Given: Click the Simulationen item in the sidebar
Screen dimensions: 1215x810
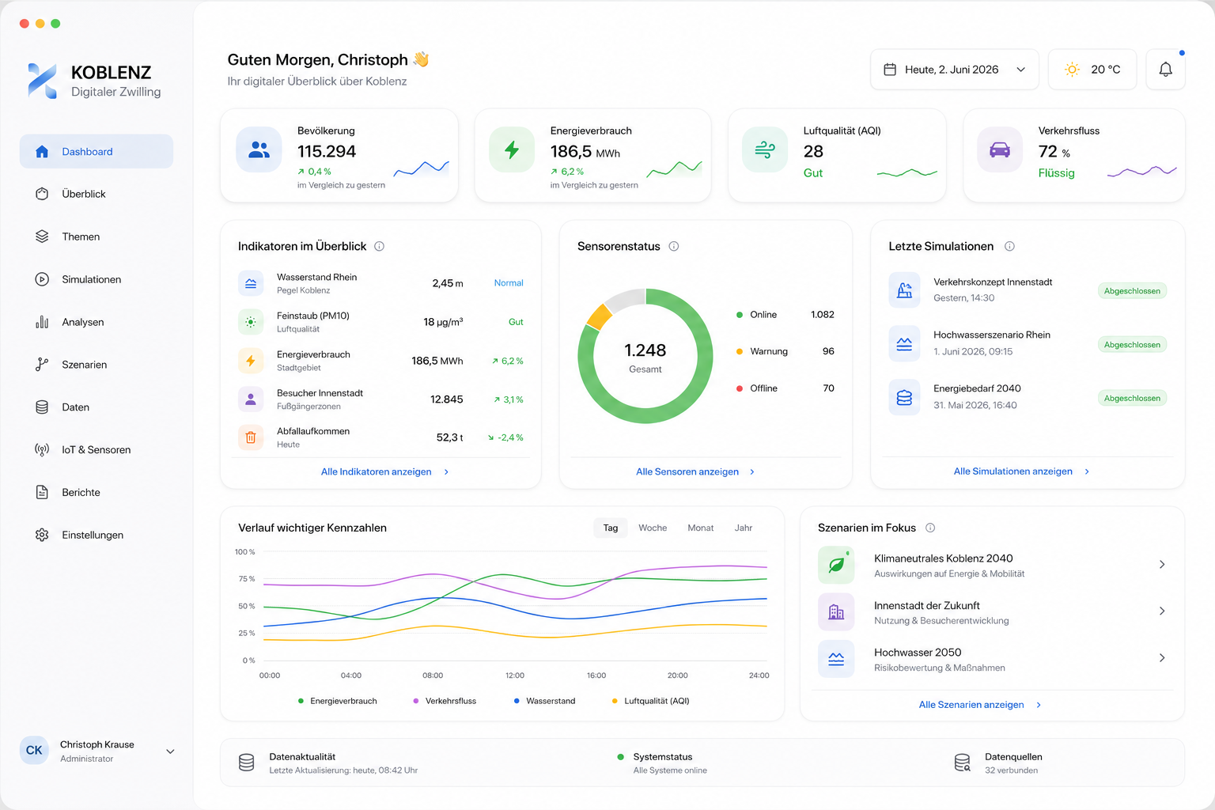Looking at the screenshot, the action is point(91,279).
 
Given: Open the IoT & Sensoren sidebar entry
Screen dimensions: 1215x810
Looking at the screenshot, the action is point(96,450).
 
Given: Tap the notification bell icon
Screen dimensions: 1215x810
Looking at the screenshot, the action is point(1166,70).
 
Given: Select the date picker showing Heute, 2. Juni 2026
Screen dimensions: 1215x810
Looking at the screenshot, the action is point(955,70).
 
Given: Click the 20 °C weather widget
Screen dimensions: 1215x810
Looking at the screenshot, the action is point(1092,70).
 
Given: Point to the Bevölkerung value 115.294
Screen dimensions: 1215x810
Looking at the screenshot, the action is point(327,151).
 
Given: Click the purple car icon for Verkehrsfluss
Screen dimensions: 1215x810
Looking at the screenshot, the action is point(1000,150).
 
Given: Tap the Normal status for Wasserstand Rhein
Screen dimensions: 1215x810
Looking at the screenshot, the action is point(509,282).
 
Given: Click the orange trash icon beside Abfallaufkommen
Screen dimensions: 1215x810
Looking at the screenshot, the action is point(251,437).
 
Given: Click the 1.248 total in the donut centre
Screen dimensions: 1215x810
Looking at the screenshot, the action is point(645,350).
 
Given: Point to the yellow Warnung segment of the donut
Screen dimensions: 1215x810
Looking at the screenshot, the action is point(599,317).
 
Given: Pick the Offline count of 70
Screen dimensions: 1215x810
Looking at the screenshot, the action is point(828,388).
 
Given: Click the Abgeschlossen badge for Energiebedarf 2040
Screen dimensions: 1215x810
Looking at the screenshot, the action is point(1132,398).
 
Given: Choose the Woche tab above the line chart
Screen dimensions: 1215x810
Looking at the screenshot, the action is point(653,528).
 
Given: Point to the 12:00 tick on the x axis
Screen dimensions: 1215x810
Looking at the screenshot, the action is point(515,676).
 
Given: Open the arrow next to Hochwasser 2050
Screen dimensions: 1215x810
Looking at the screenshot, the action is point(1162,658).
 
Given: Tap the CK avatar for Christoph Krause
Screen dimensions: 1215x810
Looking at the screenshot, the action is point(34,751).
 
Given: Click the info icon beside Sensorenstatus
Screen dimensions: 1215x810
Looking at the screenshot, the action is point(674,246).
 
